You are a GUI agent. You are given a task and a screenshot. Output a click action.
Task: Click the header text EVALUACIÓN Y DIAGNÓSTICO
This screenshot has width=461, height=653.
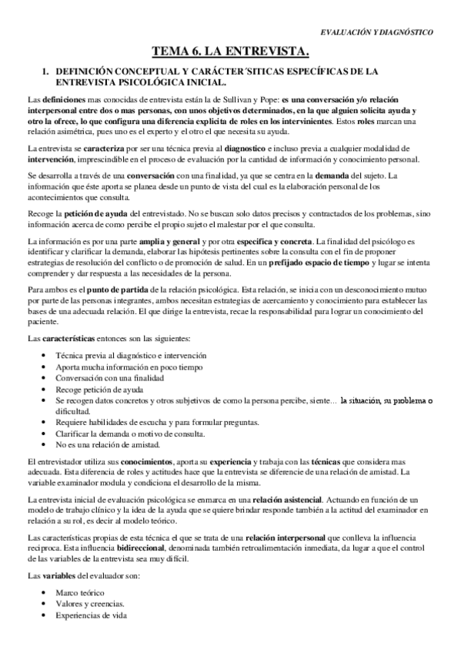[376, 32]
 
